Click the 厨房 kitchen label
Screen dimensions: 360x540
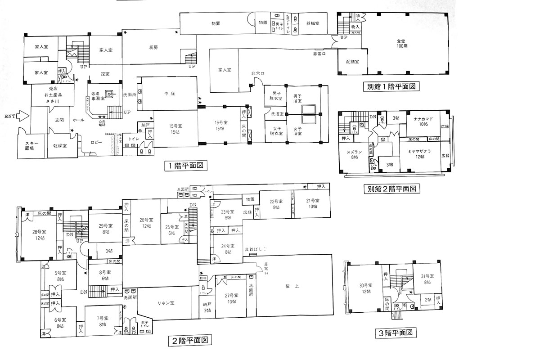[154, 47]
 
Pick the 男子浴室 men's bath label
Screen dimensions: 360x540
[297, 98]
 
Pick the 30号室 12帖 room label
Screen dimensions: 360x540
[365, 288]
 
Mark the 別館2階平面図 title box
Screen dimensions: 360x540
[391, 189]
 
